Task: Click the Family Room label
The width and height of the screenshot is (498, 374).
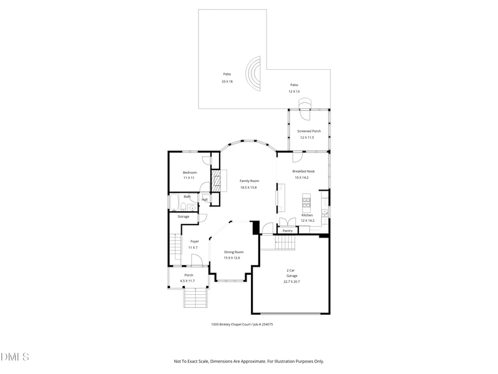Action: tap(249, 181)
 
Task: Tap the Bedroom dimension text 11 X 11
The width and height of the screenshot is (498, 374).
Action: tap(189, 178)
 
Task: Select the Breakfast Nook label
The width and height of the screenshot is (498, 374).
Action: tap(304, 171)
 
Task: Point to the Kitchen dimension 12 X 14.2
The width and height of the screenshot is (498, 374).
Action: tap(307, 221)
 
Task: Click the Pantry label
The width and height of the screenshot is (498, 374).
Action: tap(288, 231)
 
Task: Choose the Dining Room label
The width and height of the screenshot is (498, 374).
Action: tap(232, 252)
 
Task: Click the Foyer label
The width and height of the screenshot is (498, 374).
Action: tap(195, 241)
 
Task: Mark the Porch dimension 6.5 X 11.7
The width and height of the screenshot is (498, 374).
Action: tap(188, 281)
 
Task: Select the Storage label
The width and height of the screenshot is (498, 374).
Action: tap(183, 216)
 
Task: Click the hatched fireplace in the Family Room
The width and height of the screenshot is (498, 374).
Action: tap(217, 181)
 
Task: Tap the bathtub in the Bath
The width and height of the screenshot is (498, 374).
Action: tap(174, 204)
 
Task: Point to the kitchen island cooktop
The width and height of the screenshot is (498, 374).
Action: tap(306, 200)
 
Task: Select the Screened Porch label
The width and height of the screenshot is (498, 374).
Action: tap(309, 132)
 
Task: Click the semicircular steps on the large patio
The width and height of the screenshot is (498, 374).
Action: tap(254, 74)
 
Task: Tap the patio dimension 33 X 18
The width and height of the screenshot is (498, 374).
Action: tap(227, 82)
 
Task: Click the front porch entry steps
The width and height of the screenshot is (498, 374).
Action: tap(194, 300)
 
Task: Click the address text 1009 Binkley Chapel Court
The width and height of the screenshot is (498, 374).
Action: tap(232, 324)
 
